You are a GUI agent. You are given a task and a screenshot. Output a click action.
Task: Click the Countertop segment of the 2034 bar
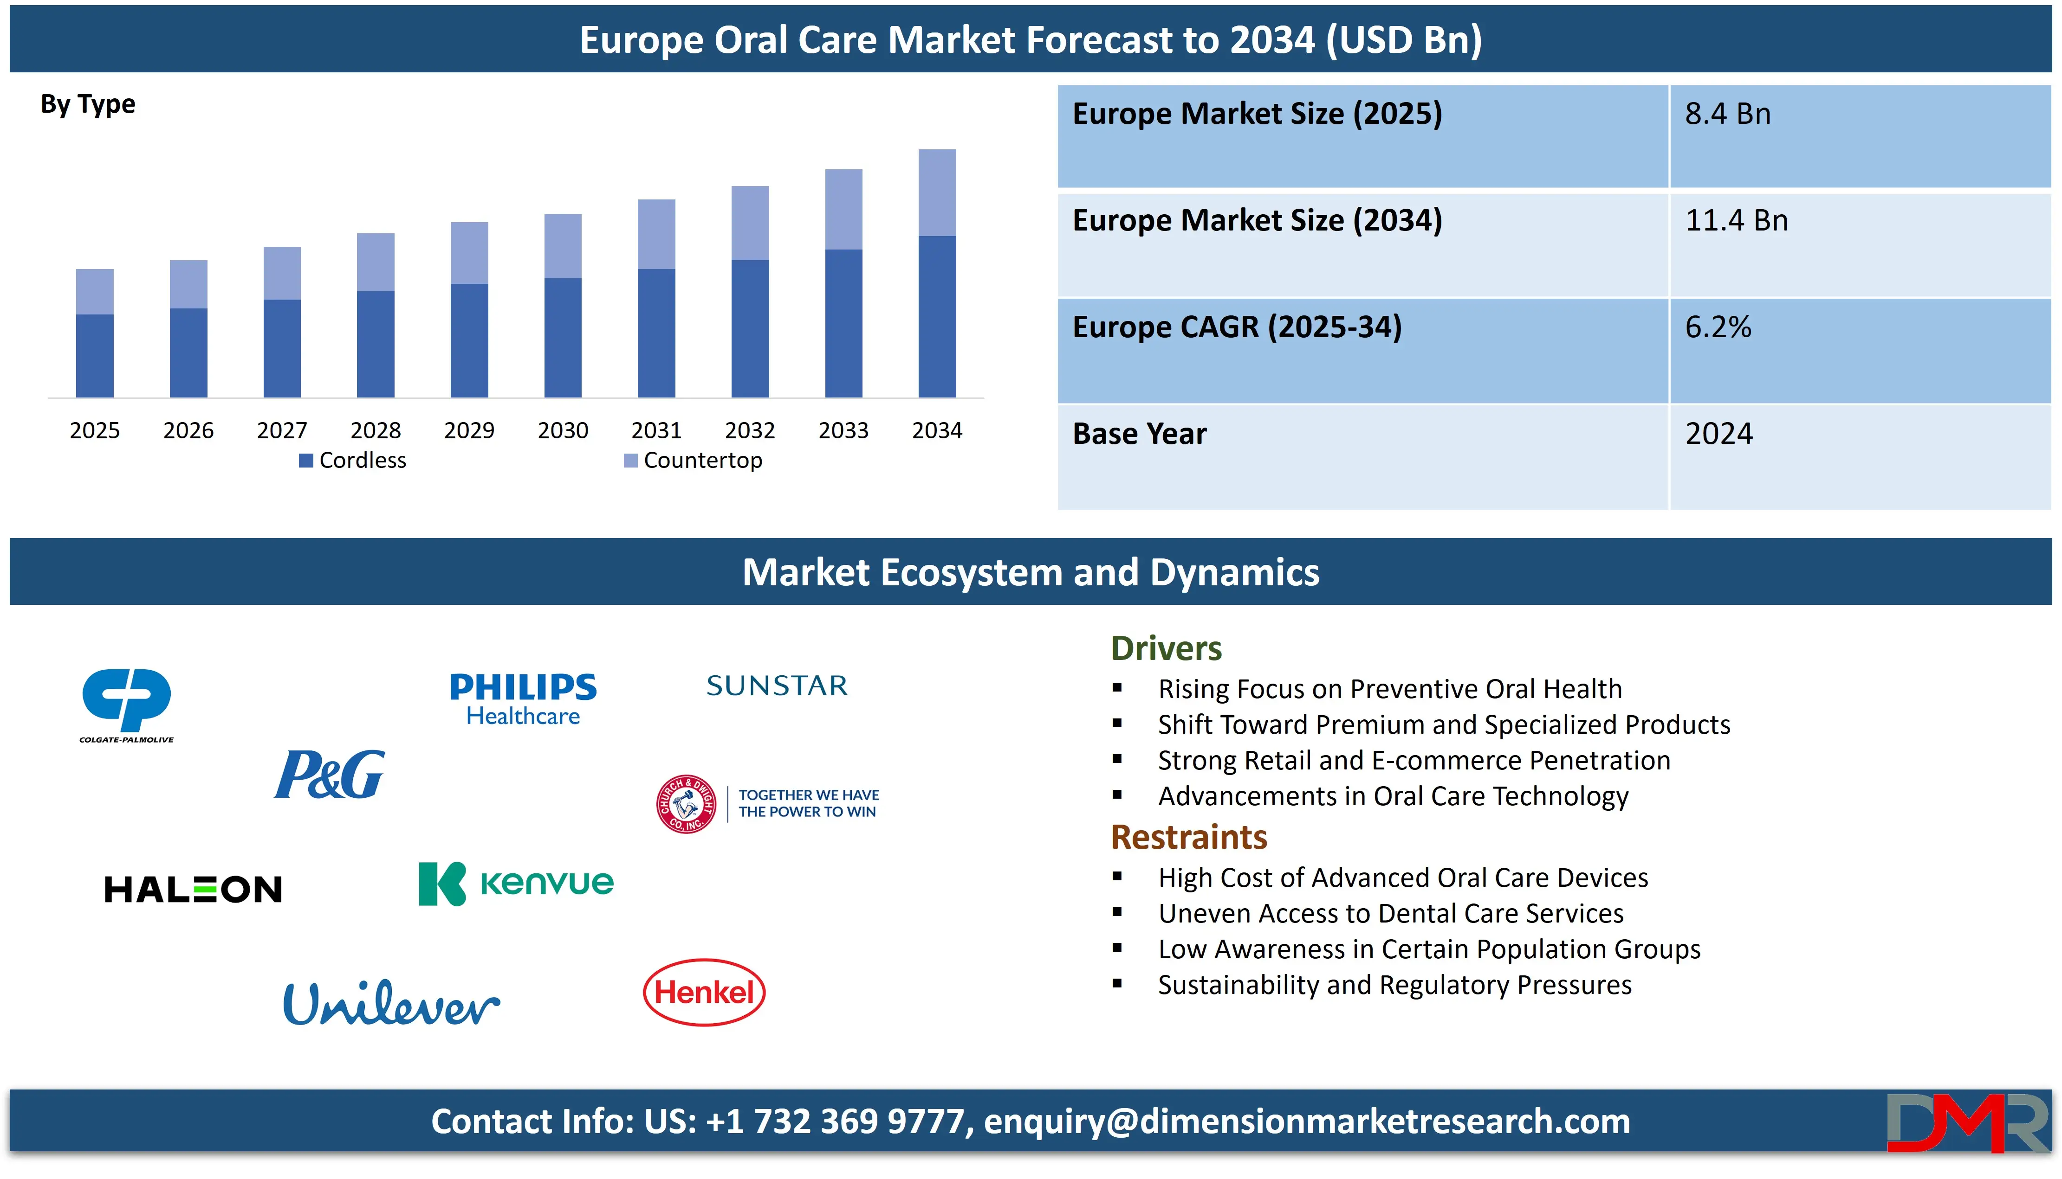(937, 193)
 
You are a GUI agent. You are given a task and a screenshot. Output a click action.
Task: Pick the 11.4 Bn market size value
(1736, 220)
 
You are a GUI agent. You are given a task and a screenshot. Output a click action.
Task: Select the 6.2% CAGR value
(1718, 327)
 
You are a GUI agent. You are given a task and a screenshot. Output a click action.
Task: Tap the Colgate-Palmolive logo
(126, 705)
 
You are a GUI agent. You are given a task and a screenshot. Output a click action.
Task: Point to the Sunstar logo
(776, 686)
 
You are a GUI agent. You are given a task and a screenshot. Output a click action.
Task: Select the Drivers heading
(1166, 648)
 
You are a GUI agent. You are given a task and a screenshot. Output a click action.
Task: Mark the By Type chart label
(88, 104)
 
